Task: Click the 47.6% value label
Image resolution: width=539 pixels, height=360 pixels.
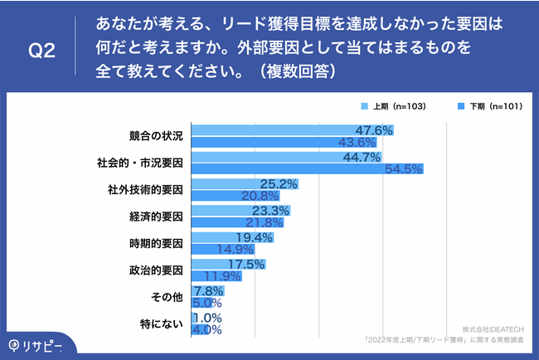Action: point(373,130)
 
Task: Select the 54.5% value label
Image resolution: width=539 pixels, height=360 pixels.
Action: point(405,169)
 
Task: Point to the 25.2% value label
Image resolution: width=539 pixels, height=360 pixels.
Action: point(279,183)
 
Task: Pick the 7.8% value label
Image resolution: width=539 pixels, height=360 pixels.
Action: point(207,290)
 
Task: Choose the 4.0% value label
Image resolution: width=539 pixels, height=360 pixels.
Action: point(207,329)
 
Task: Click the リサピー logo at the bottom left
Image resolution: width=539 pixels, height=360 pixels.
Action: point(38,344)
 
